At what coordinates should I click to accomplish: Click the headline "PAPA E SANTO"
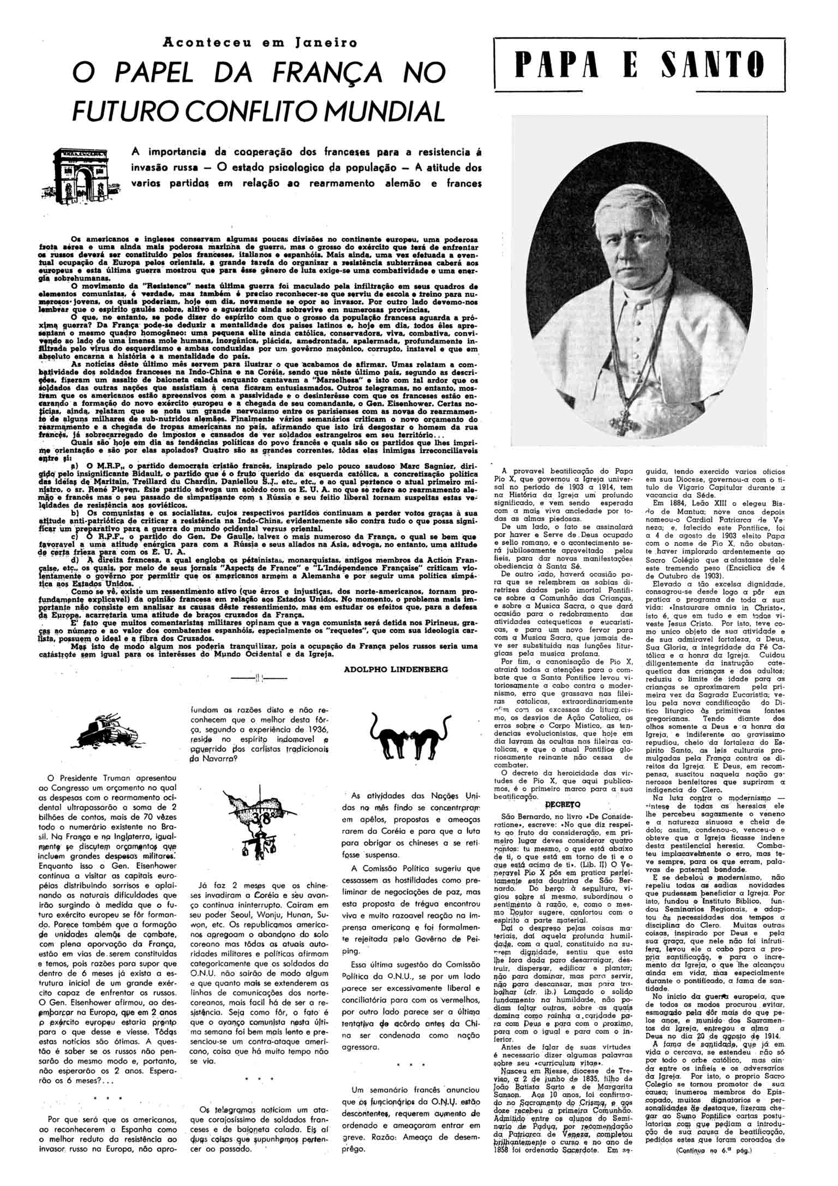[639, 65]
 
